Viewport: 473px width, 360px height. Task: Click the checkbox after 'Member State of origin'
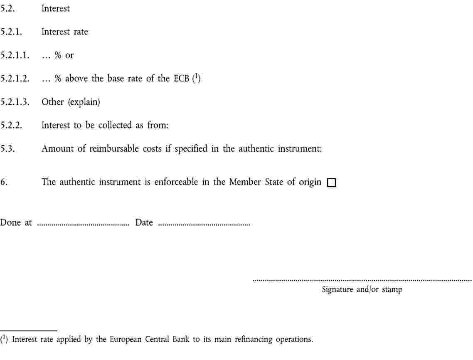(x=331, y=183)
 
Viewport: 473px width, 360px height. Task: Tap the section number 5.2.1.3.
(x=15, y=102)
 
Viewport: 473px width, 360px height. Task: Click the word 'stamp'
(x=392, y=290)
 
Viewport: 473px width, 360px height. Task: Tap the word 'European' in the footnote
(x=125, y=340)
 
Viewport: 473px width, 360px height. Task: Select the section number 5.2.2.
(x=12, y=126)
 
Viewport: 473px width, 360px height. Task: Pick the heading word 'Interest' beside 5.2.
(x=56, y=9)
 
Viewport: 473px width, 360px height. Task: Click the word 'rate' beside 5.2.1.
(x=81, y=32)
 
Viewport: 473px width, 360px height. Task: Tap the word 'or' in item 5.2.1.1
(x=69, y=55)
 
